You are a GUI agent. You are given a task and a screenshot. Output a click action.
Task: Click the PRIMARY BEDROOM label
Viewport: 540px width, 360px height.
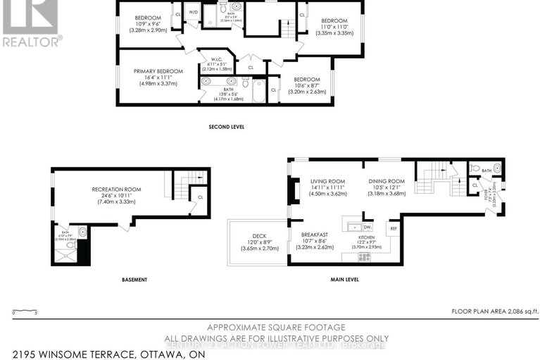coord(158,71)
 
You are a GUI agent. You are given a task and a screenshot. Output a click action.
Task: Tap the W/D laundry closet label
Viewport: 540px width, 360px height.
coord(194,12)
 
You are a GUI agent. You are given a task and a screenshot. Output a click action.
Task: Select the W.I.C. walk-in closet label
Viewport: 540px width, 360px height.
coord(216,59)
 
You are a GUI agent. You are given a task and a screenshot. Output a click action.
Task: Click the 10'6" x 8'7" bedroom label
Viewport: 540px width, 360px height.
coord(306,80)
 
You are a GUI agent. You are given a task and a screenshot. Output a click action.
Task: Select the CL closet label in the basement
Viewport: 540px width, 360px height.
coord(199,197)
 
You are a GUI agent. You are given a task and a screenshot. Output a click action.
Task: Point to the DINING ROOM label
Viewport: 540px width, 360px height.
coord(387,181)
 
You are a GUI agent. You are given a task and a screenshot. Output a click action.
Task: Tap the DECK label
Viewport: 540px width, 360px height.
coord(260,236)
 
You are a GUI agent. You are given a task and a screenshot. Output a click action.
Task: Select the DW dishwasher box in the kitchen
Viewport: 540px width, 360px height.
coord(367,228)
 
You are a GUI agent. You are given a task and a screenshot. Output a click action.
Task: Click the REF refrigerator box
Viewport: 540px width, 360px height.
coord(394,228)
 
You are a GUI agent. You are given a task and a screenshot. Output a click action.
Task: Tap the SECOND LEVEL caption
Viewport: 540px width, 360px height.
coord(227,128)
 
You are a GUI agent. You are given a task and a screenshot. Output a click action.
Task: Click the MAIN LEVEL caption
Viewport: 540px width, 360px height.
coord(345,280)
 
